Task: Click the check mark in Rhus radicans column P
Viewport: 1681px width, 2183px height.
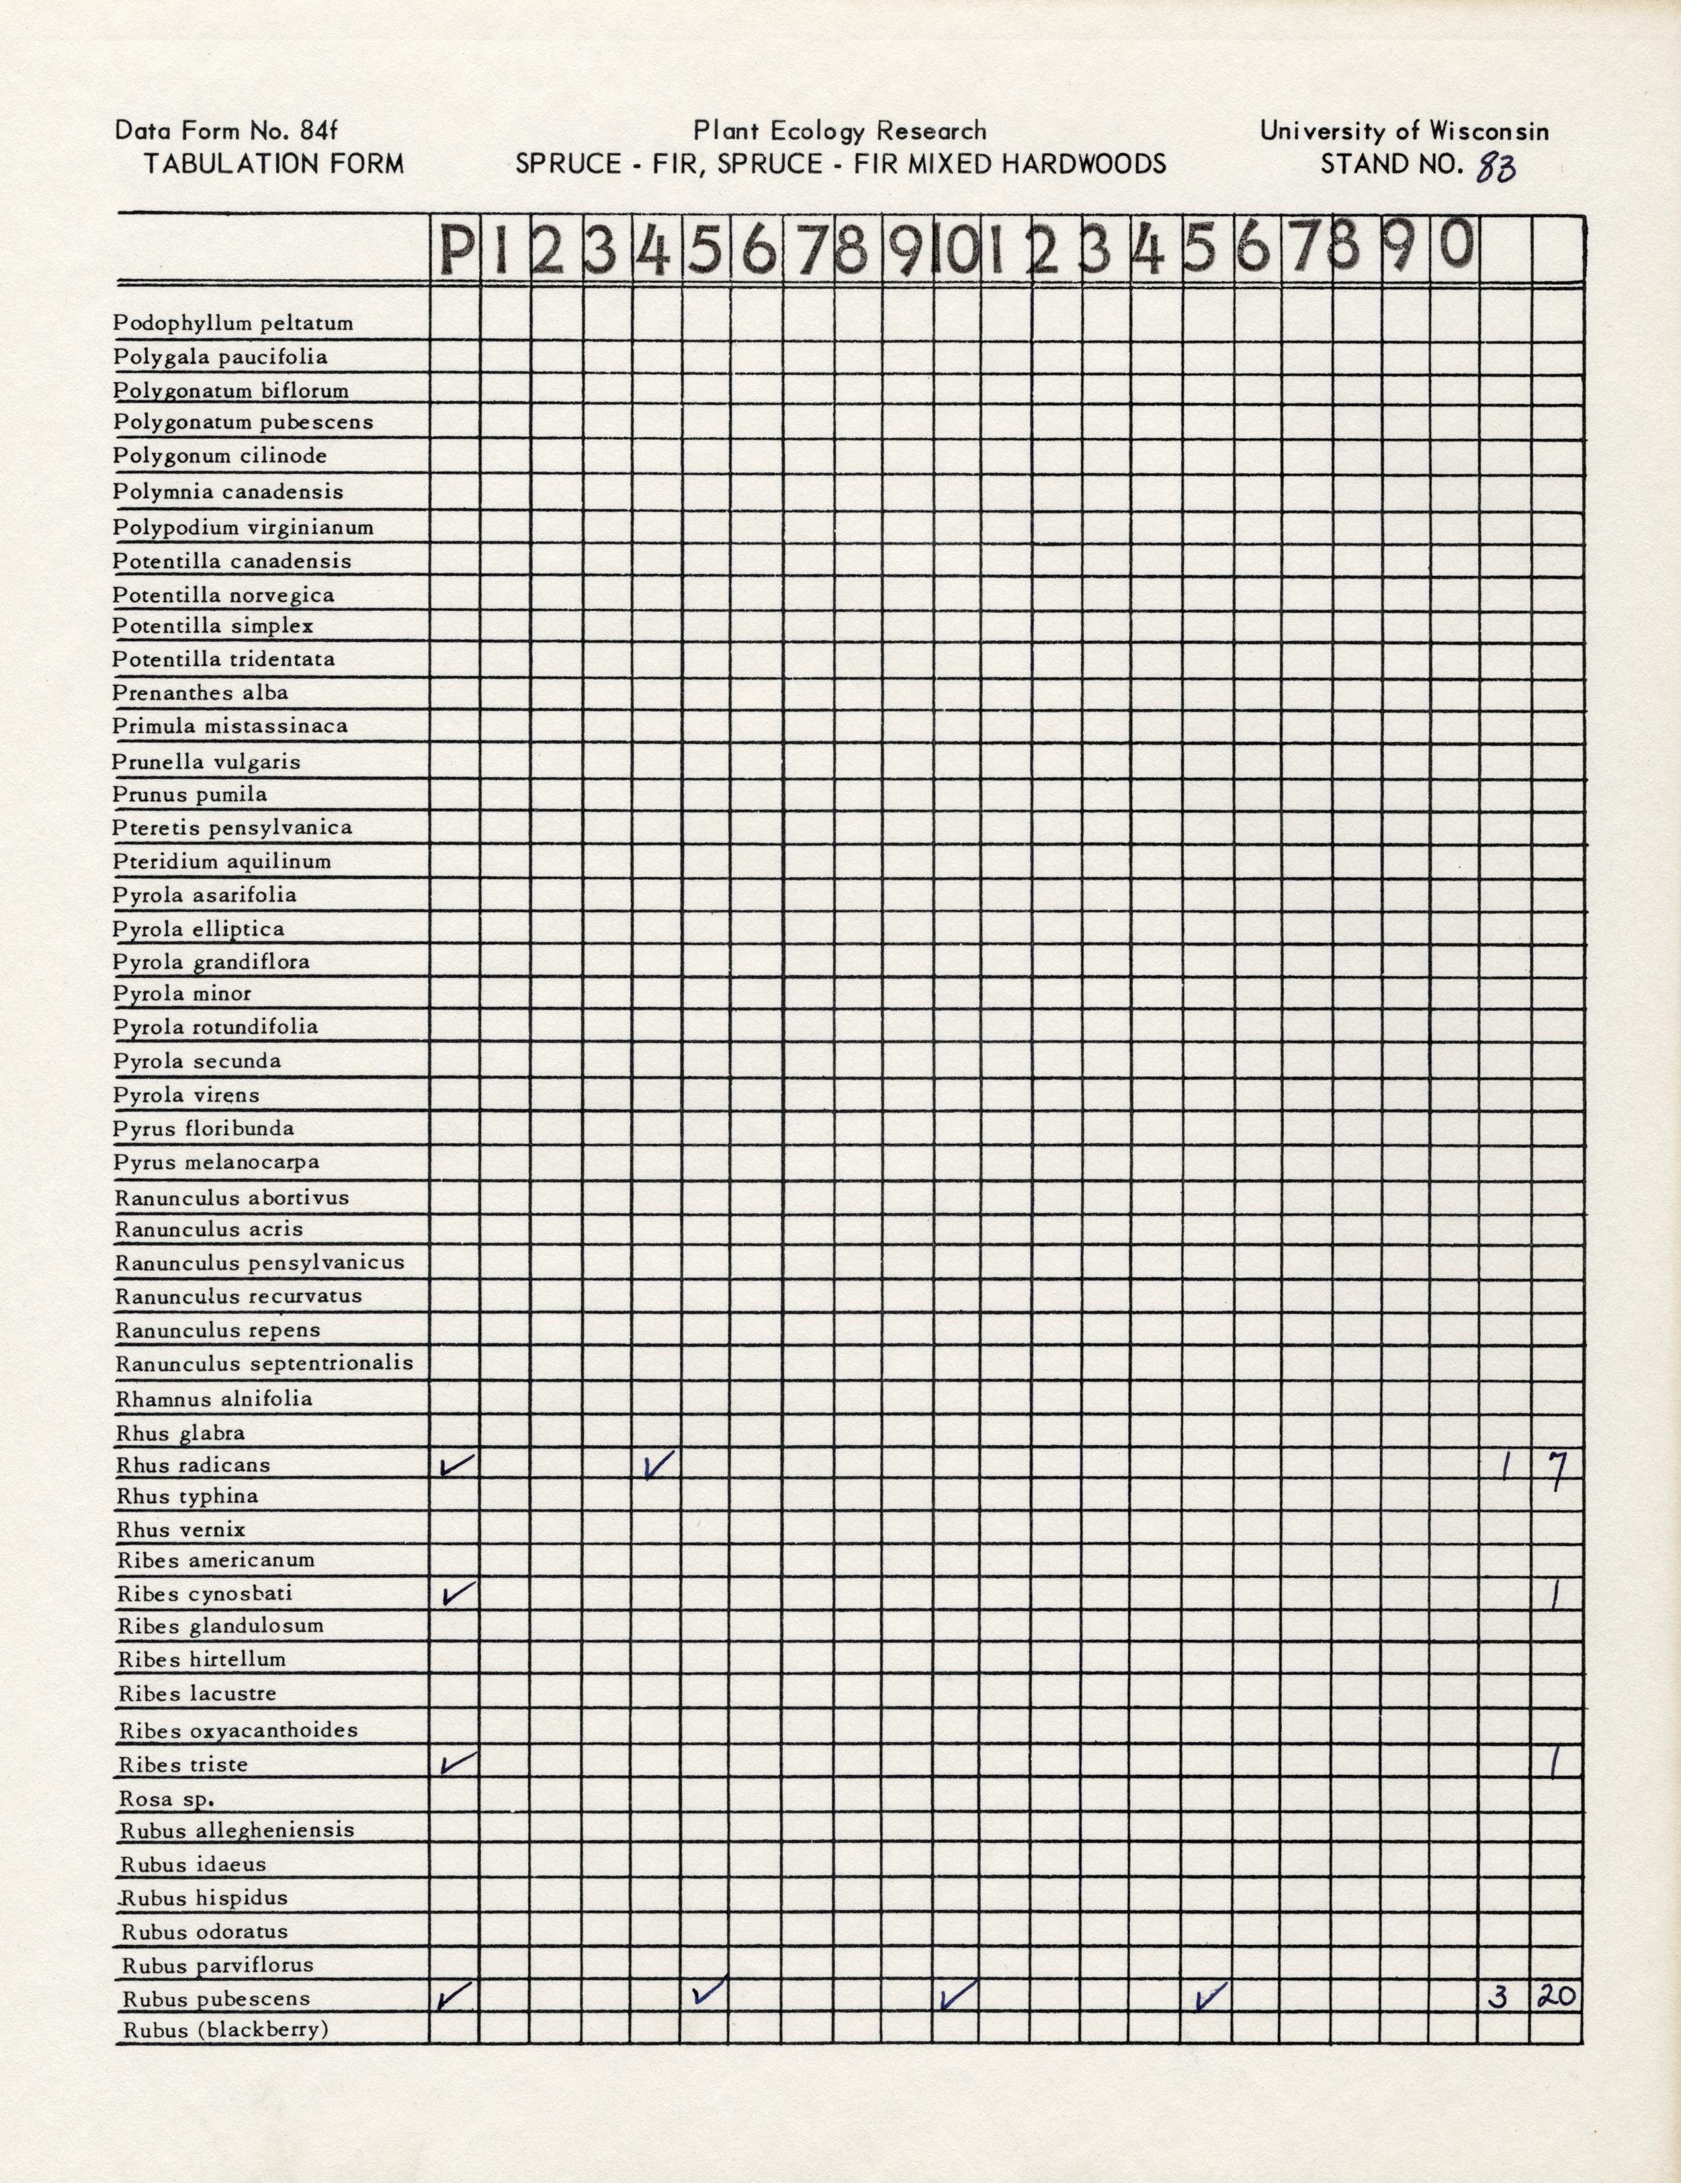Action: tap(456, 1465)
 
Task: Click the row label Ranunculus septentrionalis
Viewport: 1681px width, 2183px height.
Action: tap(264, 1364)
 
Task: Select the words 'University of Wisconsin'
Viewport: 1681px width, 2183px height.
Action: tap(1404, 131)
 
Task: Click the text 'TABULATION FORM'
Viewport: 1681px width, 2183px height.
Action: tap(274, 164)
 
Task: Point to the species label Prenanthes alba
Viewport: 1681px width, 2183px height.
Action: tap(200, 693)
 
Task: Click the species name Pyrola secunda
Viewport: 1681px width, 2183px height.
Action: tap(197, 1061)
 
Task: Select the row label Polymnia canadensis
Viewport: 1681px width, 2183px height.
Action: tap(228, 492)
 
